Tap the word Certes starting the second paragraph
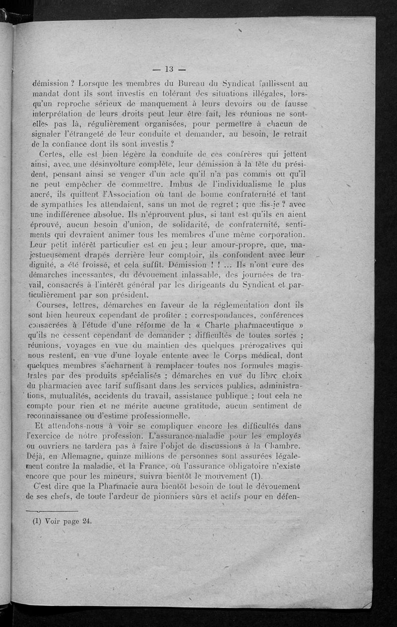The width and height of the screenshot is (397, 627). click(47, 155)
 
